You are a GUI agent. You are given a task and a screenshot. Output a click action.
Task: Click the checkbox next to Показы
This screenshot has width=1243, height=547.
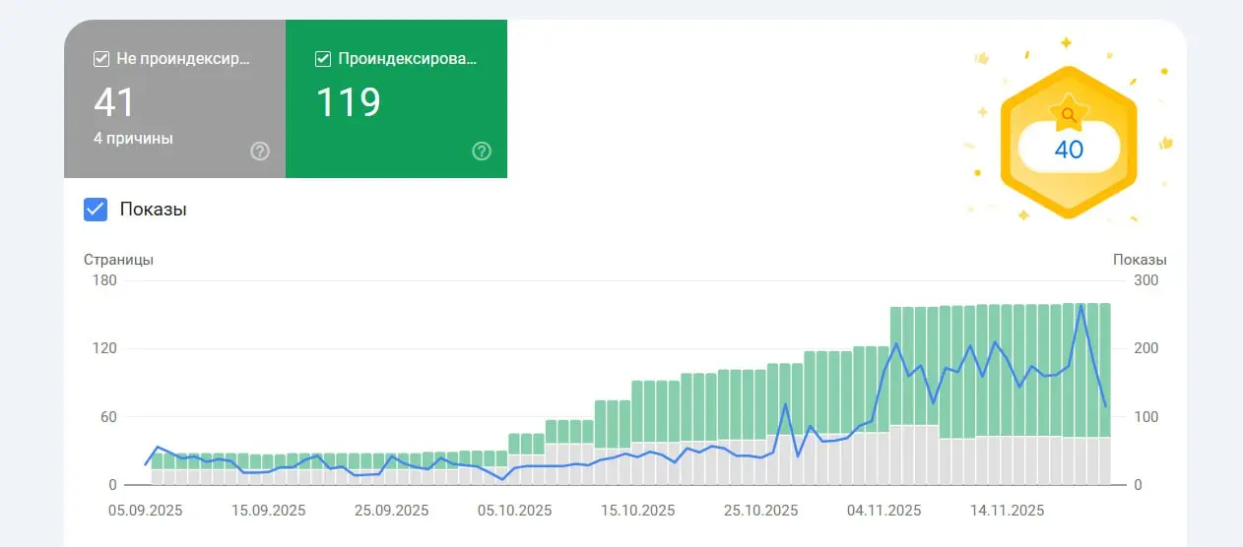point(96,210)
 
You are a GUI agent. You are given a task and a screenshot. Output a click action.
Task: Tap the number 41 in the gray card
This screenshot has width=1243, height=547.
point(114,102)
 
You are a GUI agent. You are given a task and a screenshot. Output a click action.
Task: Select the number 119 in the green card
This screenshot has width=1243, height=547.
point(348,102)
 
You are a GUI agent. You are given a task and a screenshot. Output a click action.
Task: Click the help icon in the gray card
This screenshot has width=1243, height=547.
point(260,152)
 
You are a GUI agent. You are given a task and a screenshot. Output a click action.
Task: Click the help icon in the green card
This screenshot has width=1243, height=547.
point(482,152)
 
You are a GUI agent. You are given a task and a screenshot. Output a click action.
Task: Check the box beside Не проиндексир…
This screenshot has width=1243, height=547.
point(100,59)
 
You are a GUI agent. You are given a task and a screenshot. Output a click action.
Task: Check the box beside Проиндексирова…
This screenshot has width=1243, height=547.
point(322,59)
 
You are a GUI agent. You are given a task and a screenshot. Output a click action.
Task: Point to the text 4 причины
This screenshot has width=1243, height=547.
point(133,139)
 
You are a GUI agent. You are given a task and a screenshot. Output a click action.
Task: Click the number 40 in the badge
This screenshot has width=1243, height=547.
point(1069,150)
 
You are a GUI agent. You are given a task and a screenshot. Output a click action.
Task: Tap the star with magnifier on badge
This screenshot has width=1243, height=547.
point(1069,114)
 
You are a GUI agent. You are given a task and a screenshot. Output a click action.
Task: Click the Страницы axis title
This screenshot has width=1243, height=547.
point(118,260)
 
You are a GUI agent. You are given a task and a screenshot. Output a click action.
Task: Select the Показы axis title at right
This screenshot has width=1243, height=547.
point(1140,260)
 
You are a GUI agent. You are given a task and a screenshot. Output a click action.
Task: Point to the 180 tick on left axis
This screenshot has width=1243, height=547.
point(104,280)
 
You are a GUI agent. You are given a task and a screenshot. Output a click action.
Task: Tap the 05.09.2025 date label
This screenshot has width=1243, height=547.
point(146,511)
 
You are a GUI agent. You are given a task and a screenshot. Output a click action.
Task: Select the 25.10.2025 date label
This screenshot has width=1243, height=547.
point(760,511)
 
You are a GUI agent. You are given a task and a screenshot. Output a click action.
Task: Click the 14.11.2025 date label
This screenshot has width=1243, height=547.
point(1007,511)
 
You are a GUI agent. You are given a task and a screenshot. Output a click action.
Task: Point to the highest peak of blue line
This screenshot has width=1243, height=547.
point(1081,306)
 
